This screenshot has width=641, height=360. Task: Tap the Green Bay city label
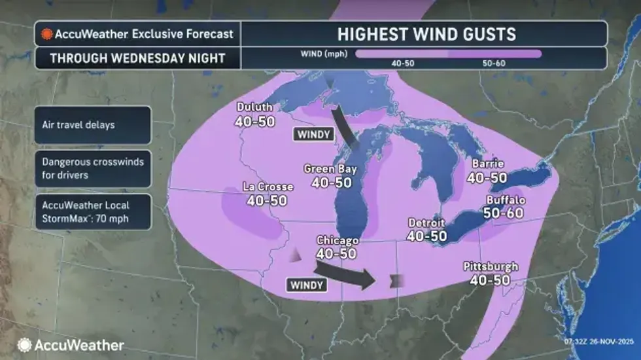[330, 169]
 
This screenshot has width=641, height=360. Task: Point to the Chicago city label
[336, 240]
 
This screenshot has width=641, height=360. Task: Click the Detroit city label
[426, 223]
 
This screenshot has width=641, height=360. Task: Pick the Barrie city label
[486, 164]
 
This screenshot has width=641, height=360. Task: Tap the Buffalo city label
[506, 199]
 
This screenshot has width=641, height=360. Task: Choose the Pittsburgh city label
[491, 266]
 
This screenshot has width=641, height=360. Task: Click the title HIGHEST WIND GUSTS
[426, 34]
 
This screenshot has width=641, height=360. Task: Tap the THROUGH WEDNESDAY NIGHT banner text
[138, 58]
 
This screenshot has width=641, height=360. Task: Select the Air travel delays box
[94, 124]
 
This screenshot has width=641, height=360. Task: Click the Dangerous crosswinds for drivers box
[94, 168]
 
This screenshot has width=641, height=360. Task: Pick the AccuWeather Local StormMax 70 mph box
[94, 211]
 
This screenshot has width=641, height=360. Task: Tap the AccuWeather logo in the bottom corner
[71, 345]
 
